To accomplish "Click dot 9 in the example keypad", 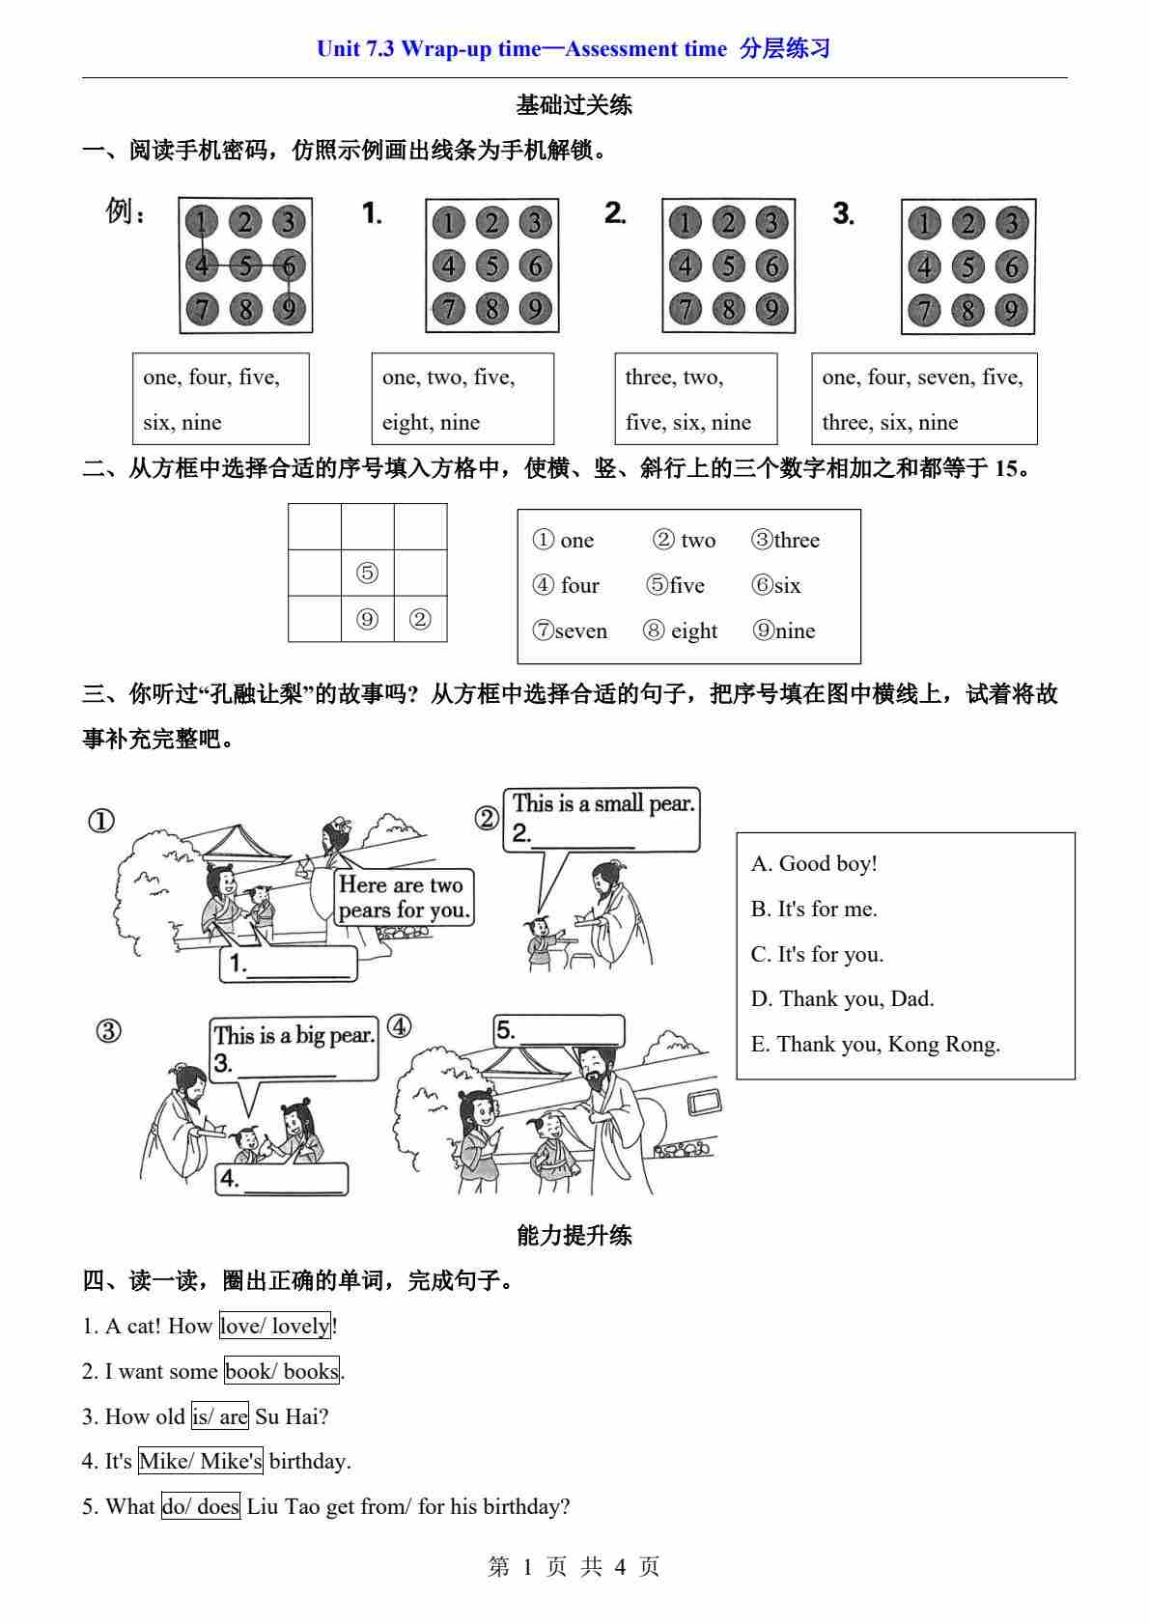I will click(289, 309).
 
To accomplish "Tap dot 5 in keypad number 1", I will click(492, 266).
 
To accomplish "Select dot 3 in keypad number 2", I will click(771, 223).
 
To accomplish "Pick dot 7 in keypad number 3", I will click(924, 310).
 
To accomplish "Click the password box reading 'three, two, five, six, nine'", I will click(695, 399).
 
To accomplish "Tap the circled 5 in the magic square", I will click(367, 574).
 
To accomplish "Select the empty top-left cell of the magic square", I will click(314, 527).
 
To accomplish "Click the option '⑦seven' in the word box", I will click(570, 630).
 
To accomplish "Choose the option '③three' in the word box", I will click(785, 540).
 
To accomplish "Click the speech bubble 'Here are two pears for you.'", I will click(404, 897).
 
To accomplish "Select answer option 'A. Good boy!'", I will click(814, 863).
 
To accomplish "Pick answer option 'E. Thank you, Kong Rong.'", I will click(875, 1044).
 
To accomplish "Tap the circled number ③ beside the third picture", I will click(108, 1031).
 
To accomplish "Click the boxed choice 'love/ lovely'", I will click(275, 1326).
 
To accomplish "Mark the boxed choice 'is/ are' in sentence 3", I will click(220, 1416).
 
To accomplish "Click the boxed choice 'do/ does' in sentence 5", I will click(201, 1506).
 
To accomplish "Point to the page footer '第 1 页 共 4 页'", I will click(574, 1566).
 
